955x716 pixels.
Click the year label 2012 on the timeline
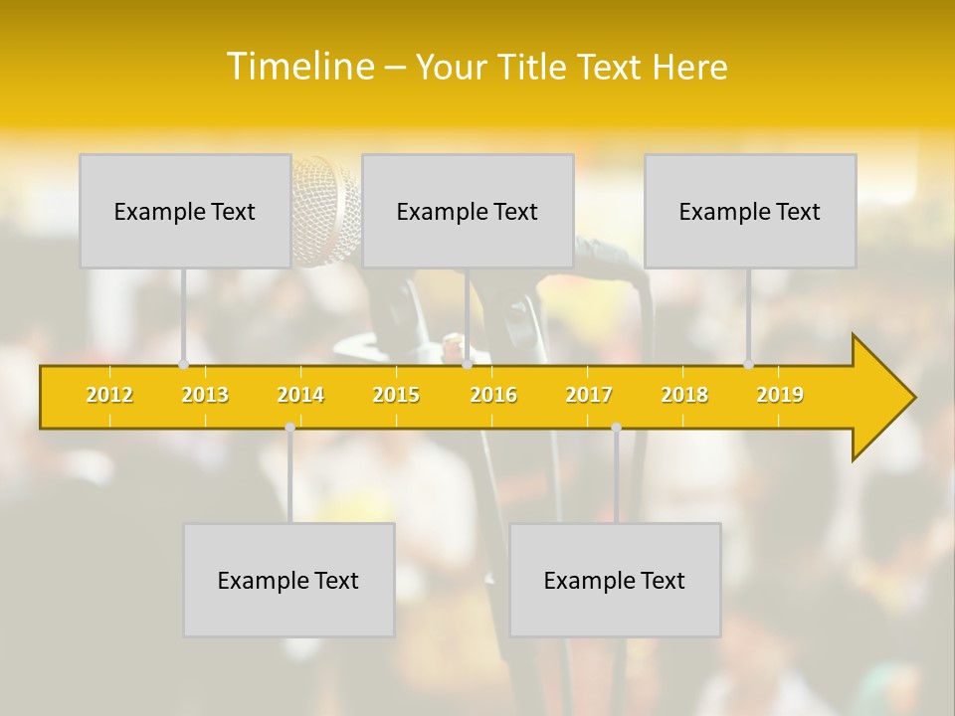pos(109,395)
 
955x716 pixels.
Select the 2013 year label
pos(205,395)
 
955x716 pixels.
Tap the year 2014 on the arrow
pos(300,395)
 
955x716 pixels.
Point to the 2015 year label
pos(396,395)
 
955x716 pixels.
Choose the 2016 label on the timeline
pos(493,395)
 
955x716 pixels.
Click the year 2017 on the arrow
pos(589,395)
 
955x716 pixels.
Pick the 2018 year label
pos(684,395)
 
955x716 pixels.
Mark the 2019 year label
pos(780,395)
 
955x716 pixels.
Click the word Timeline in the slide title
pos(298,67)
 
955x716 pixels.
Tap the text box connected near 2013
pos(185,211)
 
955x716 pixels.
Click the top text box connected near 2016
pos(468,211)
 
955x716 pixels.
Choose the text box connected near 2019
pos(750,211)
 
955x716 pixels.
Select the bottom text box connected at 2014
pos(288,580)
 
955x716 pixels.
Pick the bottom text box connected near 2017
pos(615,580)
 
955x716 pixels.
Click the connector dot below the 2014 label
pos(289,428)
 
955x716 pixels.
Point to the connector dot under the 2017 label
pos(616,428)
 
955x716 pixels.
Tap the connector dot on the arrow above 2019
pos(749,364)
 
